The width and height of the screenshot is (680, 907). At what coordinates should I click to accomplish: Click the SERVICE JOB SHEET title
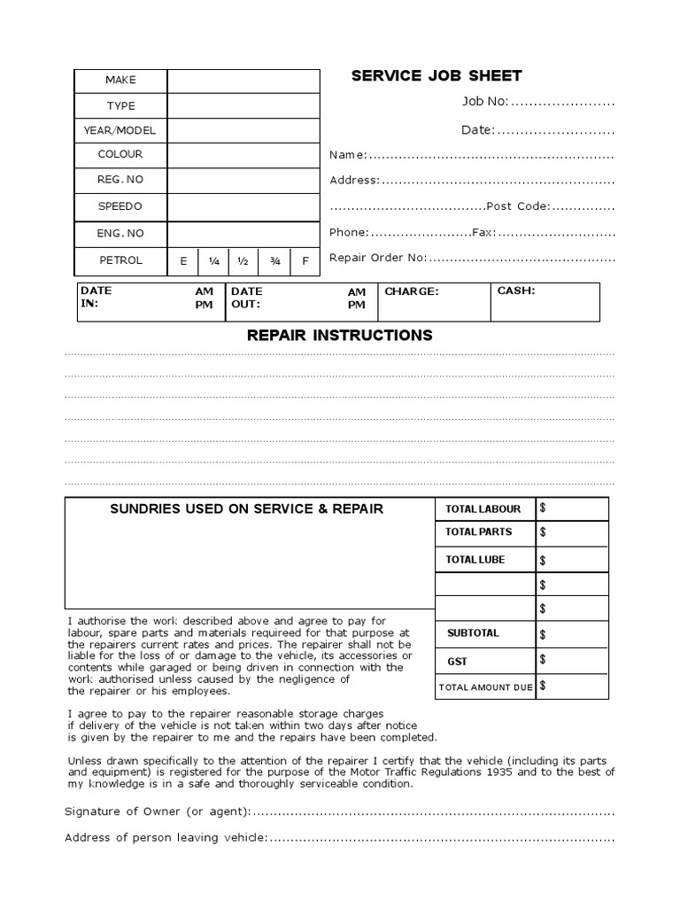(x=437, y=76)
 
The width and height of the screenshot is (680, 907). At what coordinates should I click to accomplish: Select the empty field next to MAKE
(x=243, y=81)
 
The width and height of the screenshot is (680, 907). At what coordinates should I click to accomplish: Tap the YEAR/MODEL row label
(x=120, y=130)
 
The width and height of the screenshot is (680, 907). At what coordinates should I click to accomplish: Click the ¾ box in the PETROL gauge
(x=274, y=261)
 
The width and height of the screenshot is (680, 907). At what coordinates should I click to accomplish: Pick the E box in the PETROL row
(x=183, y=261)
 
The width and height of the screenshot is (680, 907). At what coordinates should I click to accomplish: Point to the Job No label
(x=484, y=102)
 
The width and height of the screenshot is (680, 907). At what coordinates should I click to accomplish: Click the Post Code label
(x=518, y=206)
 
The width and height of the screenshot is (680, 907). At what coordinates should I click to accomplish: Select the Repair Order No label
(x=377, y=258)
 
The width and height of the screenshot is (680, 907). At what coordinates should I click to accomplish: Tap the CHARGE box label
(x=411, y=291)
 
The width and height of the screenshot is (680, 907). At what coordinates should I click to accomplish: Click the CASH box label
(x=516, y=291)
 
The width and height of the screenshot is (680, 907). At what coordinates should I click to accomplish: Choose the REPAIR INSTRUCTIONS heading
(x=339, y=336)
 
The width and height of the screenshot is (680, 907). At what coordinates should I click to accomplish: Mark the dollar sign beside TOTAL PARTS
(x=543, y=532)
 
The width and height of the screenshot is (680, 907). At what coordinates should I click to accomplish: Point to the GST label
(x=458, y=662)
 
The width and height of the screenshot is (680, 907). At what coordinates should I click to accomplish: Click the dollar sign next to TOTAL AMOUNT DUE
(x=542, y=686)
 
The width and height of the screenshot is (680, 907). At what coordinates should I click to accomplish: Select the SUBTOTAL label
(x=473, y=633)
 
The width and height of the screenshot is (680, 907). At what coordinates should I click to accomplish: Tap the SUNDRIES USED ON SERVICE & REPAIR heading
(x=246, y=509)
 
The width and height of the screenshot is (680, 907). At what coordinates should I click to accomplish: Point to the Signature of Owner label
(x=158, y=812)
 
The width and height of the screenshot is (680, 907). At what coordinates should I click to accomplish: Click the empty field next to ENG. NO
(x=243, y=234)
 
